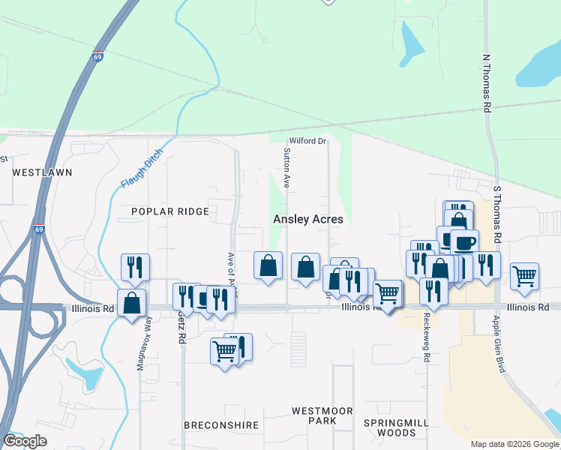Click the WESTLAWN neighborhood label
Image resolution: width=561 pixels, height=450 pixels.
[42, 172]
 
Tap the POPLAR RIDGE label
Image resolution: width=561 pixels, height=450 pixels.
[169, 211]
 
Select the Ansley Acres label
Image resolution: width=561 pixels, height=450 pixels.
[307, 220]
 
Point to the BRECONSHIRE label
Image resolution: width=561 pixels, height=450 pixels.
[221, 425]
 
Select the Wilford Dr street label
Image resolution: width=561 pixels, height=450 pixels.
[308, 140]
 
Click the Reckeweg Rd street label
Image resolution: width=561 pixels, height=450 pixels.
[426, 337]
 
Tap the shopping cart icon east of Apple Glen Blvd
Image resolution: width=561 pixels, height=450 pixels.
[524, 275]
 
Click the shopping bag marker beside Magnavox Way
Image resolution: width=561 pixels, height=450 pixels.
[132, 303]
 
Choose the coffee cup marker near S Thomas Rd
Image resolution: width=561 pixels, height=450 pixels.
[464, 242]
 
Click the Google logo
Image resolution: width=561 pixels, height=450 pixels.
[25, 441]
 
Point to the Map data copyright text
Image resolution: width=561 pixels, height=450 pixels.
[514, 444]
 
